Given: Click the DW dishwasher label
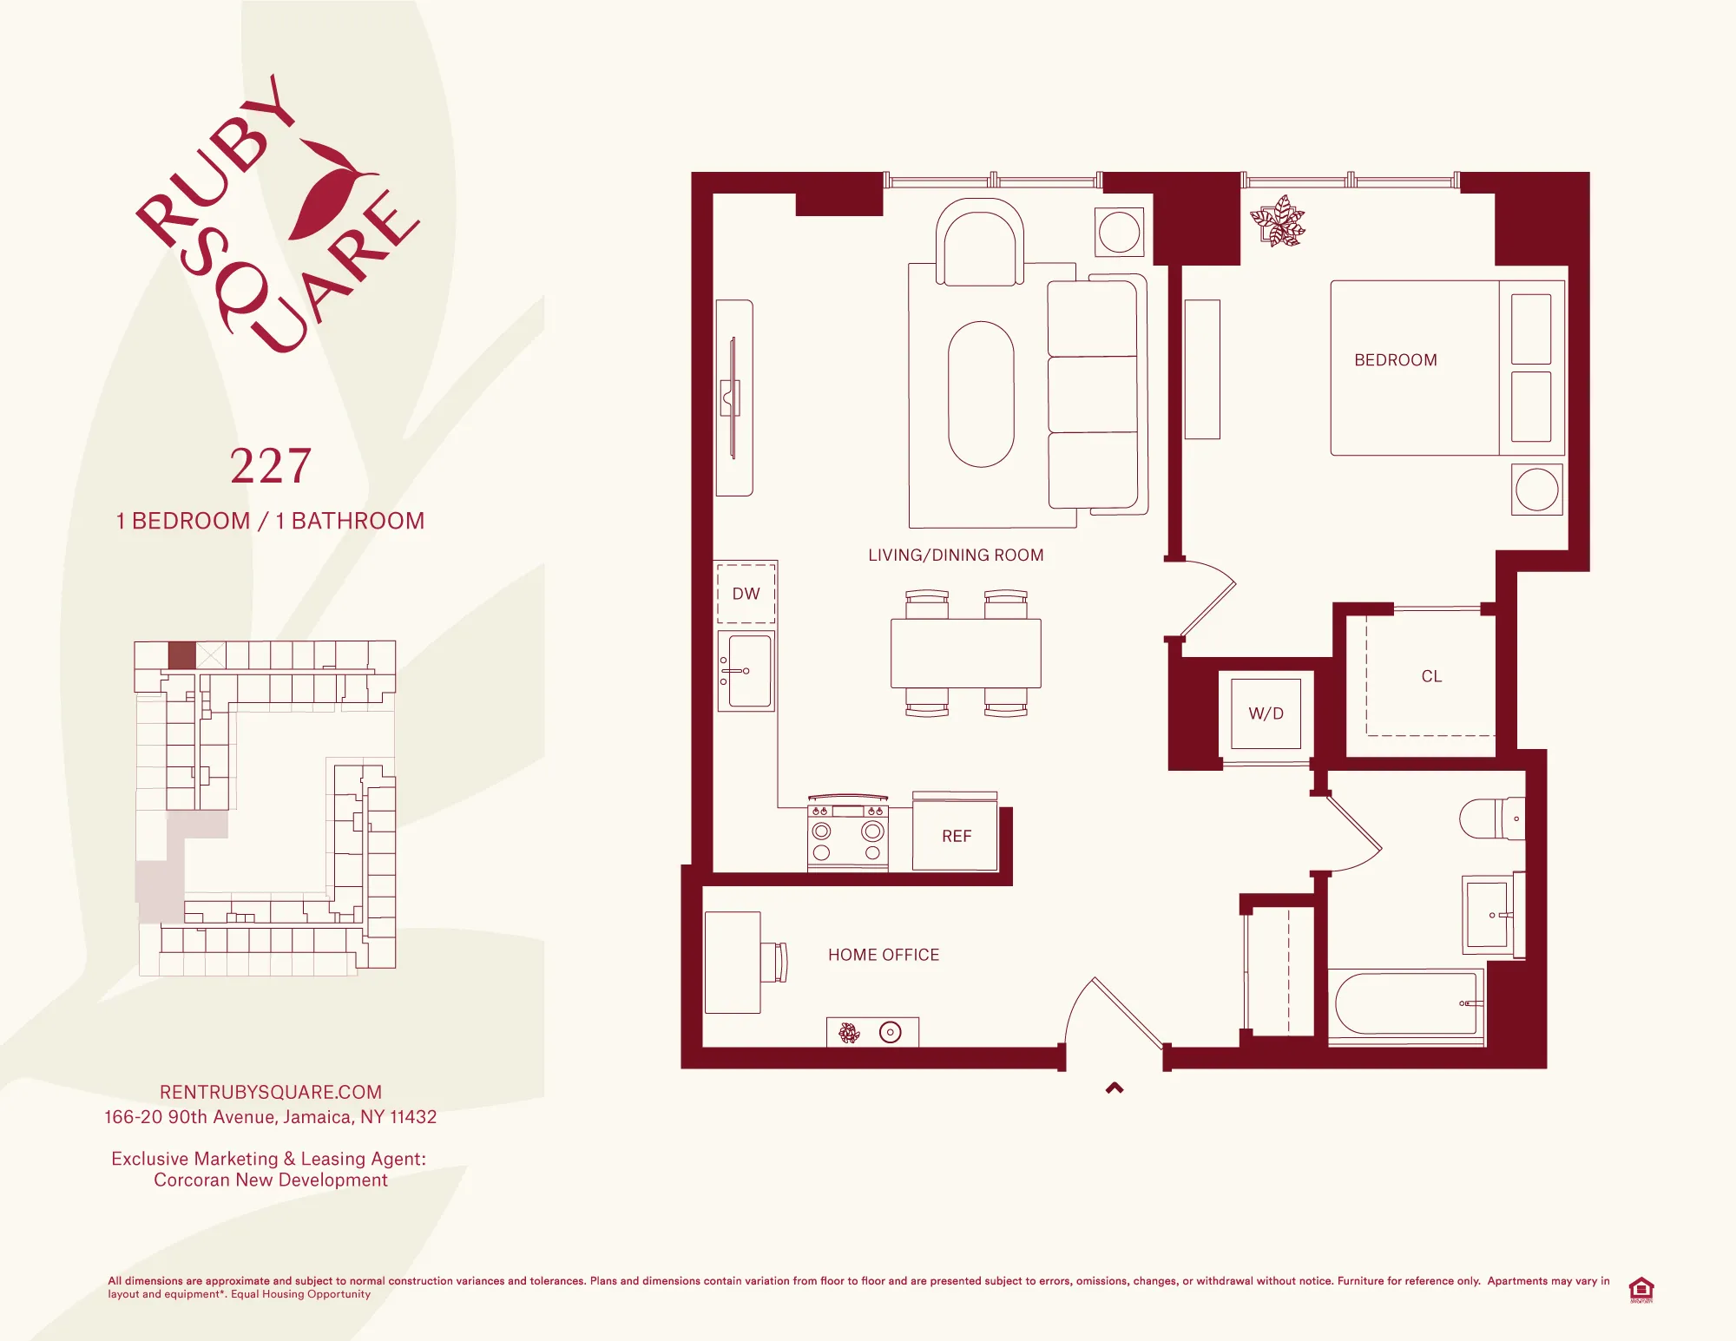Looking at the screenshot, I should pos(746,594).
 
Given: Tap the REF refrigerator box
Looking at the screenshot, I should pos(956,835).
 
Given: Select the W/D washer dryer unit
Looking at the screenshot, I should pos(1266,713).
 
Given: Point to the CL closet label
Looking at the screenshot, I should pos(1431,676).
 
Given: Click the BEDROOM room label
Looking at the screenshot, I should pos(1395,360).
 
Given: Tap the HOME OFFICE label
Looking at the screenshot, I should pos(883,955).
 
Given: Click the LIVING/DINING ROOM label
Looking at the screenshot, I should pos(956,555).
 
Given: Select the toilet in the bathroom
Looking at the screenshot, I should pos(1490,818).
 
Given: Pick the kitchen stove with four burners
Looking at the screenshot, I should pos(847,834).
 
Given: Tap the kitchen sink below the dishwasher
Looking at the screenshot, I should pos(747,671).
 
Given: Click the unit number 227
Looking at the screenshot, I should pos(271,466).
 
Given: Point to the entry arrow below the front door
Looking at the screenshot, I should pos(1115,1088).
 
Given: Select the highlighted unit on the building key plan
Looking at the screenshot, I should pos(181,655).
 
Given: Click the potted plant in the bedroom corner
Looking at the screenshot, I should pos(1278,221).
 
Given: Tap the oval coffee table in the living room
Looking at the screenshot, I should pos(981,395).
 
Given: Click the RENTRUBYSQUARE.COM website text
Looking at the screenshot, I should pos(271,1092).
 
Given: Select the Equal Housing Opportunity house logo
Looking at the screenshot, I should pos(1641,1290).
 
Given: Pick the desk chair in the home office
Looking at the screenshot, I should pos(775,962).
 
